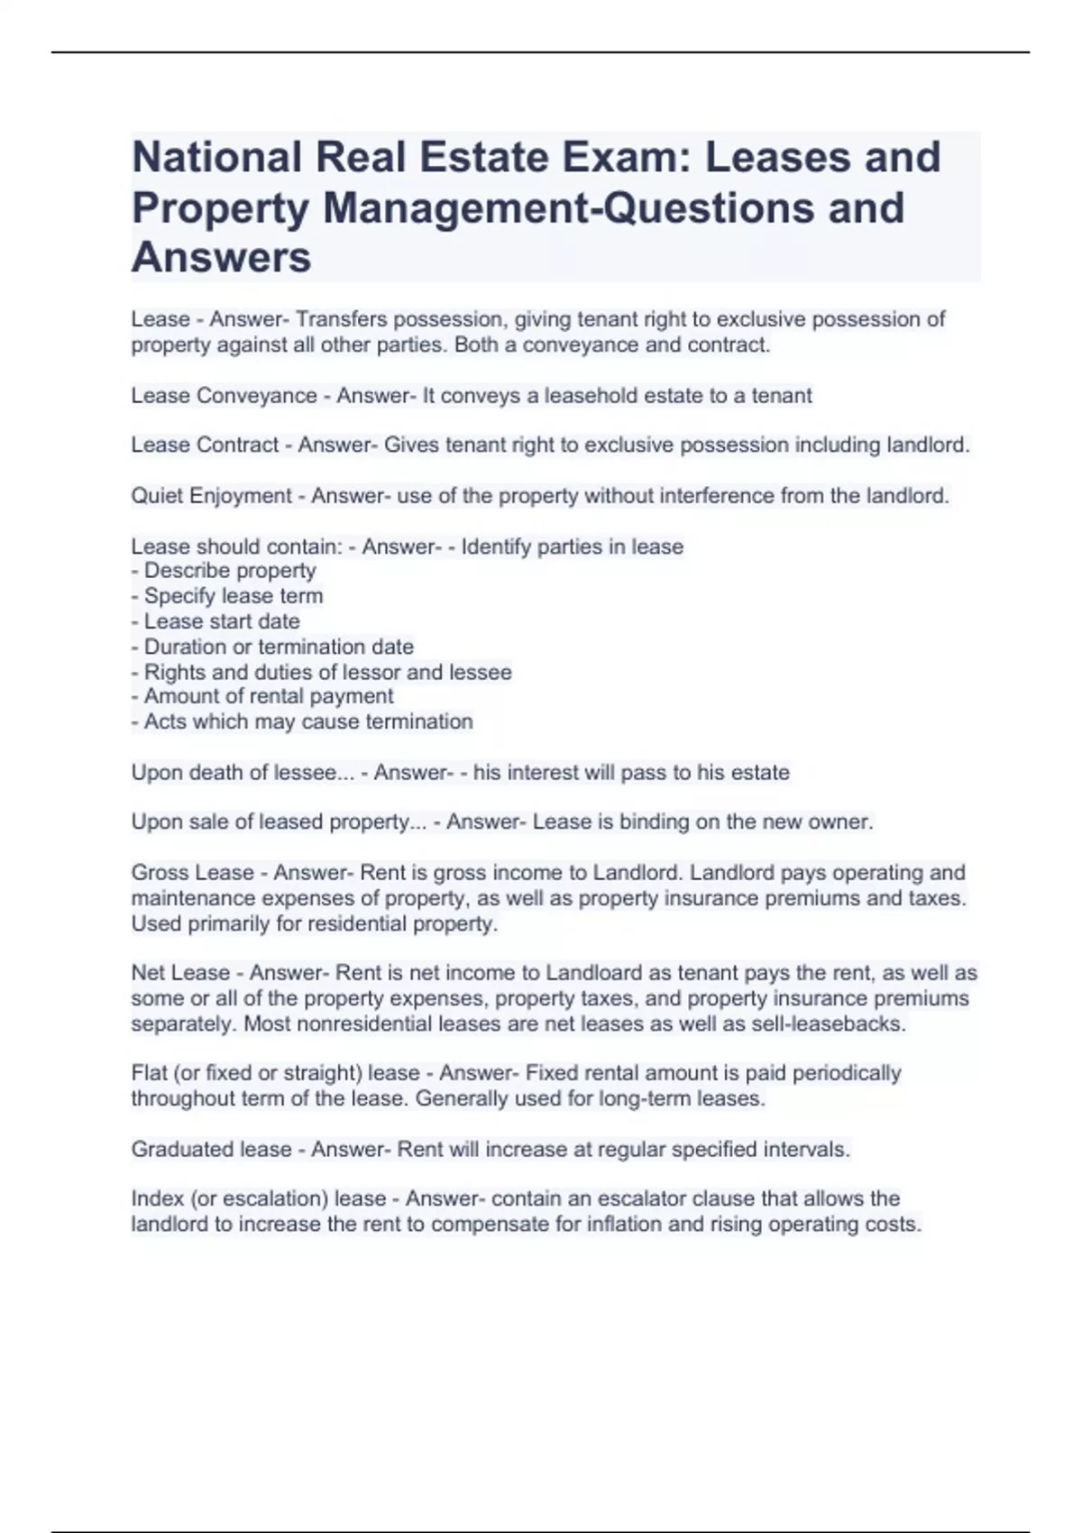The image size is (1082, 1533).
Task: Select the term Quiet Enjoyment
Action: [212, 496]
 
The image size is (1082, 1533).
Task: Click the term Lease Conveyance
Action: [224, 396]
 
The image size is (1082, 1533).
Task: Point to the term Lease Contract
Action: [205, 445]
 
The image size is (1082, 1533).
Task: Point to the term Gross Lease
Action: [192, 873]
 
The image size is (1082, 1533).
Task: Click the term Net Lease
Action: [180, 973]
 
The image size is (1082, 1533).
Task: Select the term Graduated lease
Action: [211, 1150]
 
